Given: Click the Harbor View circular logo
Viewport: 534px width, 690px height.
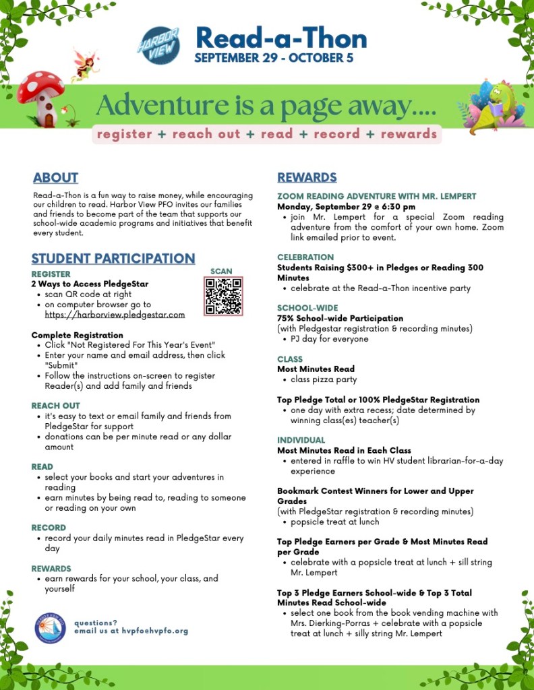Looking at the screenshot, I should pos(158,45).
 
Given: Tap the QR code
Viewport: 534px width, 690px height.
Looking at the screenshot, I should pos(222,296).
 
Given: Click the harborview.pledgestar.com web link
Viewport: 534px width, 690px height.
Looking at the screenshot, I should pos(115,315).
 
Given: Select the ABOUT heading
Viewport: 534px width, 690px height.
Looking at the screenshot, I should pos(55,178).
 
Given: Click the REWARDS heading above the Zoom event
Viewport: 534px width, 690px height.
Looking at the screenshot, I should pos(307,178).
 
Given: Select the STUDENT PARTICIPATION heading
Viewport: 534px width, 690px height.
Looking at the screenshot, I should pos(113,259).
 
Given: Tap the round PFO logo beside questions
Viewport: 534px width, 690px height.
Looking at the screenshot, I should pos(50,627).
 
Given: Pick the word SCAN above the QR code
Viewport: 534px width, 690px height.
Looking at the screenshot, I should pos(221,272).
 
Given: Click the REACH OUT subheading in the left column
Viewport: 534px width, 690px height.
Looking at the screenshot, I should pos(55,406).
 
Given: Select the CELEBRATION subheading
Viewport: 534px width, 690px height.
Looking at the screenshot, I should pos(305,257).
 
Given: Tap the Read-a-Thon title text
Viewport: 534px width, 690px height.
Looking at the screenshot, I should pos(280,38).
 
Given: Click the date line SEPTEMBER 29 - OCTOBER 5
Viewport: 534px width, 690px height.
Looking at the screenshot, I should pos(274,59).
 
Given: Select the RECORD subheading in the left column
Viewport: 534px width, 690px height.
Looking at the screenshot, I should pos(49,528).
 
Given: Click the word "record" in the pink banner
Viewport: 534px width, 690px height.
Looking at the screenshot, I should pos(336,134).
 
